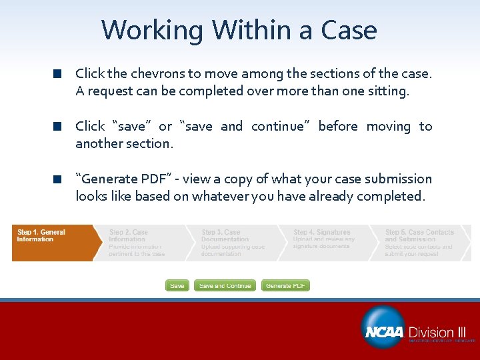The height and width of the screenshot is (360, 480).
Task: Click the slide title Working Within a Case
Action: pos(239,30)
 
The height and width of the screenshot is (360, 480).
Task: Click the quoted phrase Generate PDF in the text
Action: pos(123,179)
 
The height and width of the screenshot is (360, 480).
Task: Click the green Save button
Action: pos(177,285)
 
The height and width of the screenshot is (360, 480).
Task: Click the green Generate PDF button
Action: pos(285,285)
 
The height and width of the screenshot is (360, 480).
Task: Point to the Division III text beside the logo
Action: pos(437,332)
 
